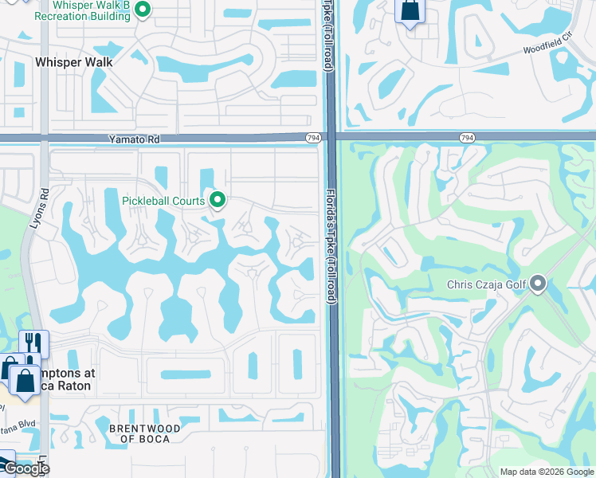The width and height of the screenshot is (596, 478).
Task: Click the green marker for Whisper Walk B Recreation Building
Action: [143, 10]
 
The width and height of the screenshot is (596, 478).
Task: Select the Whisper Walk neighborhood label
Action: [73, 61]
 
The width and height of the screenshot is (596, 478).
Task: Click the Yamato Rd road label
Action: [135, 139]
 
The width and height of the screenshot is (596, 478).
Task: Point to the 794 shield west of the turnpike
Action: [313, 139]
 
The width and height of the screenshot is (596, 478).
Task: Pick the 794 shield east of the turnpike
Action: [468, 139]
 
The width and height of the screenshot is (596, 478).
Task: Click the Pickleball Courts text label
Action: [163, 201]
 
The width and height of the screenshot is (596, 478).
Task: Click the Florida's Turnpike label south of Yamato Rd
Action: [329, 247]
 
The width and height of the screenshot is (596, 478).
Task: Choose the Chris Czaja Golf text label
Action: [487, 284]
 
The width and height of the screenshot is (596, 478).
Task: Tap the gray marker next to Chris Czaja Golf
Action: [539, 284]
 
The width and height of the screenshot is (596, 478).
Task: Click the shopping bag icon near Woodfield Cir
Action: [410, 11]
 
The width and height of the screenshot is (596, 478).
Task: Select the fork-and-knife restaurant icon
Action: [33, 343]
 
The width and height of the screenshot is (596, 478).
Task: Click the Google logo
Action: [25, 468]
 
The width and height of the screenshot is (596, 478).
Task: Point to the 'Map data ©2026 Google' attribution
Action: [546, 472]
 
